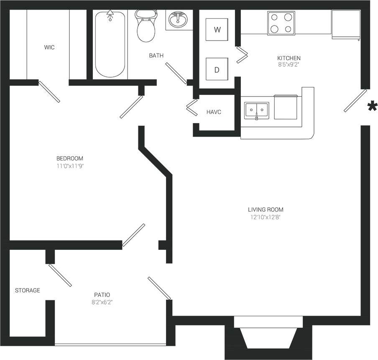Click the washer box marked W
(x=217, y=30)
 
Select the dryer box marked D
(x=217, y=70)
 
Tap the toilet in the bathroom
(x=146, y=26)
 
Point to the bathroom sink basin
(x=179, y=20)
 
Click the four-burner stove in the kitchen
(x=281, y=23)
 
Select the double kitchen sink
(x=257, y=111)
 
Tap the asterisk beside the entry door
(x=371, y=107)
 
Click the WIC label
(x=49, y=48)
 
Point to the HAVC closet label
(x=214, y=112)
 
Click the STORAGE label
(x=28, y=290)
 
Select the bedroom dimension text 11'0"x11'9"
(x=70, y=166)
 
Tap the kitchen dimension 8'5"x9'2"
(x=289, y=65)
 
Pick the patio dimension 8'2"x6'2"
(x=102, y=302)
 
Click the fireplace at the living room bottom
(x=268, y=336)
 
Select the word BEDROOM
(x=70, y=158)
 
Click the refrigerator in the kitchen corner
(x=346, y=25)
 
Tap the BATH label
(x=156, y=56)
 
